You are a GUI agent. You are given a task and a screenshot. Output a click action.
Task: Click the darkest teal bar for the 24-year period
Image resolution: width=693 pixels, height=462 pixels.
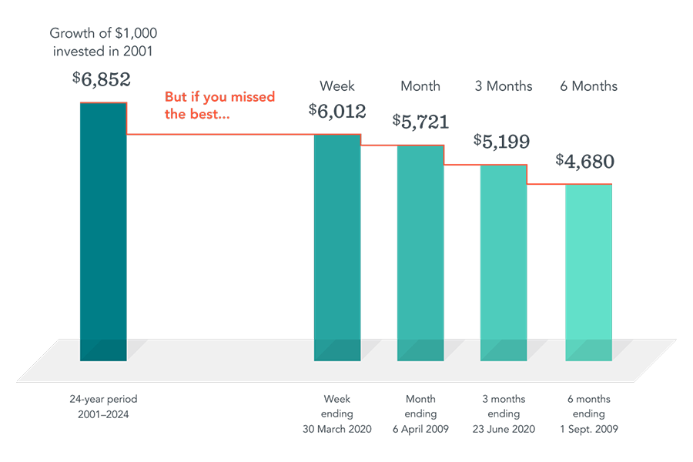pos(103,231)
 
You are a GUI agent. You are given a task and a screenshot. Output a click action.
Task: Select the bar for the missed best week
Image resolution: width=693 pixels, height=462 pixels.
pos(337,246)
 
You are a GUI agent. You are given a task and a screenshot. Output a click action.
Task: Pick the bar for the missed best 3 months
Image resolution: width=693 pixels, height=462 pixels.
pos(504,262)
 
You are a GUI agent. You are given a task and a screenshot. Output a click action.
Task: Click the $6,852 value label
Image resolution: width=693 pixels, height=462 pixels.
pos(102,79)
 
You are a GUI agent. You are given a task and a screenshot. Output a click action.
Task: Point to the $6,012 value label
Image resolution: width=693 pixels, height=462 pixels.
pos(337,111)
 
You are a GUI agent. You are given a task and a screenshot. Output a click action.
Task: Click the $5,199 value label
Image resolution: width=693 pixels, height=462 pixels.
pos(504,141)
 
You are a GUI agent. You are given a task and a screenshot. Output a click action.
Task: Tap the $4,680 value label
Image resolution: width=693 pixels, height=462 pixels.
pos(586,162)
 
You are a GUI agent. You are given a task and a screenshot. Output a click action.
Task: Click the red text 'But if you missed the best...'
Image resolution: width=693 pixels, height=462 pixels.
pos(219,105)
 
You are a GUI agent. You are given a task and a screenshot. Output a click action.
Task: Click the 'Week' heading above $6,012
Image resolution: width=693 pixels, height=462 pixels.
pos(337,85)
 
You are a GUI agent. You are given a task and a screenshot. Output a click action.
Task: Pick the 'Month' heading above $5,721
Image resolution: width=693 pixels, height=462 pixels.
pos(420,85)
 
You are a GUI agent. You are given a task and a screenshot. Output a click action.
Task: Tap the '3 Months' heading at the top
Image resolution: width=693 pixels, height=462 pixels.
pos(504,85)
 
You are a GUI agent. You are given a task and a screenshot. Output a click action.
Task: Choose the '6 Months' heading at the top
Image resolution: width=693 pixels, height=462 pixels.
pos(588,85)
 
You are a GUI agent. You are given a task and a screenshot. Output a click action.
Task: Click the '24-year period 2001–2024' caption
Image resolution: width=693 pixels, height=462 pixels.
pos(103,407)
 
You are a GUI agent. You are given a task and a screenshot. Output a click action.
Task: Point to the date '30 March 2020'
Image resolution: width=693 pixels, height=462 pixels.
pos(337,429)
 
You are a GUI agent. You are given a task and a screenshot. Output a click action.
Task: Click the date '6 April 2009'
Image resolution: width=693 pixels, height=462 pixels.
pos(420,429)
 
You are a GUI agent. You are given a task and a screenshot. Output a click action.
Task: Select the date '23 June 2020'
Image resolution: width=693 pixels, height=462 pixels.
pos(504,429)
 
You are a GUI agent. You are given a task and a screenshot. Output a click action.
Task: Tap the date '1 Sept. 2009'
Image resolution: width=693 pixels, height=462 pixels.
pos(588,429)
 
